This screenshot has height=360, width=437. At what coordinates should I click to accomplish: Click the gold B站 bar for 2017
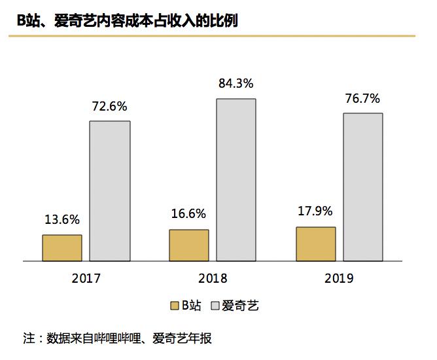62,248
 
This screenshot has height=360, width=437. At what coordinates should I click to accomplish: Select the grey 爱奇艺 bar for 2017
109,191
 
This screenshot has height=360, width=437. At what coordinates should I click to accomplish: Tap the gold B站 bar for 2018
189,245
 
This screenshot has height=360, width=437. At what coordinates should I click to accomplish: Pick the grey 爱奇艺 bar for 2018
236,180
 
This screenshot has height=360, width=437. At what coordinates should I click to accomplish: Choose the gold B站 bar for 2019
316,244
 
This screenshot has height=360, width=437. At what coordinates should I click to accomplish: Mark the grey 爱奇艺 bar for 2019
362,187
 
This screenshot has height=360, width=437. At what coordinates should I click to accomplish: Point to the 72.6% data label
109,106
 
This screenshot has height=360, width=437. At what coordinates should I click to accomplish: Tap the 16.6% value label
188,214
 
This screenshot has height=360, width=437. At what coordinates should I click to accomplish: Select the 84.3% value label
236,84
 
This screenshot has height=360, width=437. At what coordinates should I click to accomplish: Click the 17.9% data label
315,211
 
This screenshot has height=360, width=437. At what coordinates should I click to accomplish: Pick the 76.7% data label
362,99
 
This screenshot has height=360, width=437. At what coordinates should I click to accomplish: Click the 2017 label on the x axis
86,278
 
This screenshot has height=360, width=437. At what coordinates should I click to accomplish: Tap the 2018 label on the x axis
212,278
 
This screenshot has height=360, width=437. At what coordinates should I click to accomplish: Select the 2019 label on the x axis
339,278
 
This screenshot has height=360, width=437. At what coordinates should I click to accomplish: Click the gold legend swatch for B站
174,305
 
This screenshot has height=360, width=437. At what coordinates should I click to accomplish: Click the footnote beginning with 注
117,339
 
